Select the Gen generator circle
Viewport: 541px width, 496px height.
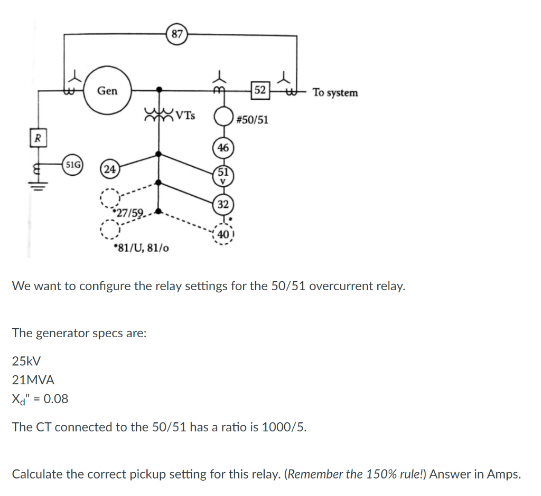point(107,91)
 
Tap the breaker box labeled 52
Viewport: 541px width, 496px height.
point(260,90)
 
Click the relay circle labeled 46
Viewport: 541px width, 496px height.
point(223,148)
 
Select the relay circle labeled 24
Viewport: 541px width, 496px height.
point(110,169)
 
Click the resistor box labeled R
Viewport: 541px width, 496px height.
point(38,139)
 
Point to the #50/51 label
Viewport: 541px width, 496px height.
point(252,120)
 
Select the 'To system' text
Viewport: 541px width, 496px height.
point(335,93)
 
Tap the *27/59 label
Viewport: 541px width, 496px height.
point(128,213)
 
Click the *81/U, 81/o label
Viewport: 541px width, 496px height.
point(141,247)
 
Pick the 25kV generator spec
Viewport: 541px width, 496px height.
point(26,361)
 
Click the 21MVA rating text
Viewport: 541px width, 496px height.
point(33,379)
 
